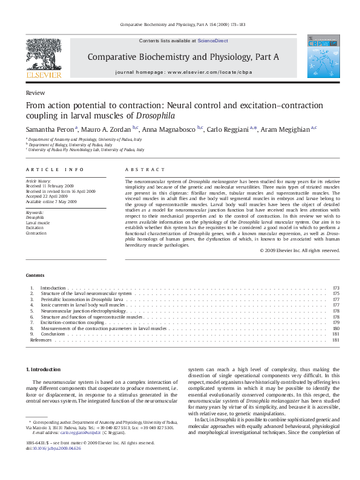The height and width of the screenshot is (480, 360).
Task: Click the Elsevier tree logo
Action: [x=44, y=59]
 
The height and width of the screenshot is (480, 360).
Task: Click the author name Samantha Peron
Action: [x=50, y=129]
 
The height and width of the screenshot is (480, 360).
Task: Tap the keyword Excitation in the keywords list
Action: [x=36, y=227]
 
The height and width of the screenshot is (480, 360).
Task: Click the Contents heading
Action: [x=34, y=275]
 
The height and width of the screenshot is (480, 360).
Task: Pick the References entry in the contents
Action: [x=41, y=340]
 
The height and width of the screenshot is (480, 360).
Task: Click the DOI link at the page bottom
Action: [x=54, y=447]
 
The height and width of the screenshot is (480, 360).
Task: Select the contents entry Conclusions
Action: [x=53, y=334]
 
